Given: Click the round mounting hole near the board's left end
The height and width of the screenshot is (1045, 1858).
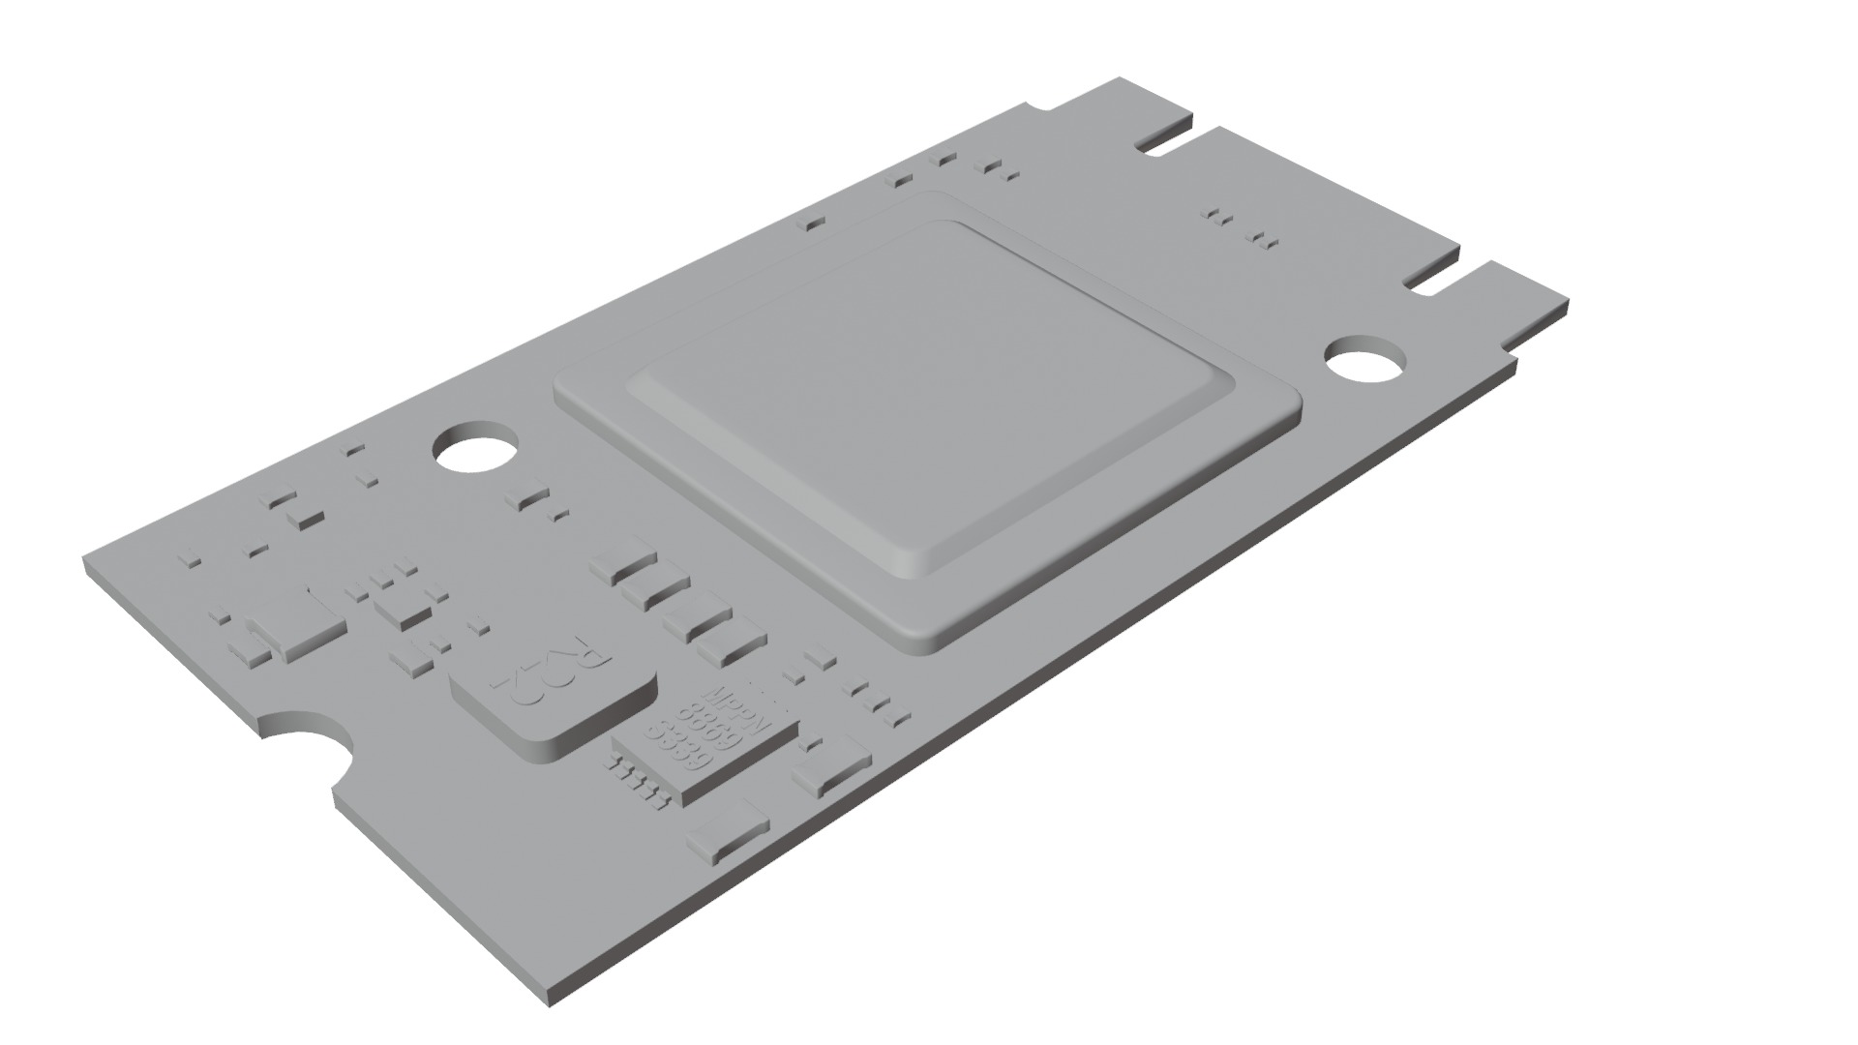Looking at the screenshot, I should point(474,449).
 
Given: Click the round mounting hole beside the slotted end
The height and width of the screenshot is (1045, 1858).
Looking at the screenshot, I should point(1364,363).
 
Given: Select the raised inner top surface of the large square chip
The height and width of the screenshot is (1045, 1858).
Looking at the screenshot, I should point(929,387).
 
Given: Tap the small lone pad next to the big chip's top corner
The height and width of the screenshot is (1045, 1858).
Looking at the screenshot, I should point(814,224).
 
